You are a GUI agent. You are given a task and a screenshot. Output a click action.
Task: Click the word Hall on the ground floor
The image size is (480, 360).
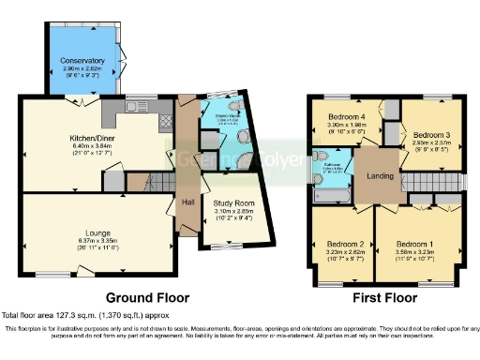click(187, 202)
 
